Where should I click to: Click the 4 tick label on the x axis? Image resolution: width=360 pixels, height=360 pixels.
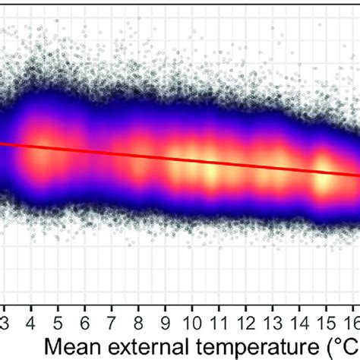(31, 314)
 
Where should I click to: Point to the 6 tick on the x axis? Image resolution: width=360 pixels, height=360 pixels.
(85, 314)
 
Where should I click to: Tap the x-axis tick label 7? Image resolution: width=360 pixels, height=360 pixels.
(112, 314)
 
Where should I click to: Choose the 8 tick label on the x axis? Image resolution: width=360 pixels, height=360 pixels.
(139, 314)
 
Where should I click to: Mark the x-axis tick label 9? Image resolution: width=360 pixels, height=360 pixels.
(166, 314)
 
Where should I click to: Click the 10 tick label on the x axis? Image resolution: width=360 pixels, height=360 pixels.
(193, 314)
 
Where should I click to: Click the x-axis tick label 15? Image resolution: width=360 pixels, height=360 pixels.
(327, 314)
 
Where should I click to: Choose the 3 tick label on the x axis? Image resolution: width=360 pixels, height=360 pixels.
(5, 314)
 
